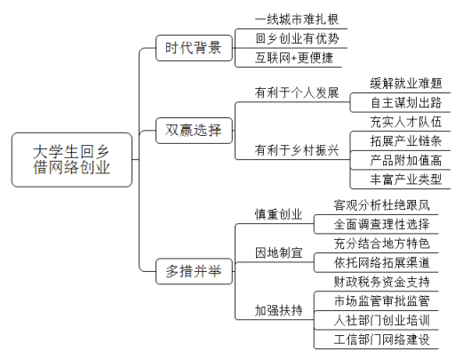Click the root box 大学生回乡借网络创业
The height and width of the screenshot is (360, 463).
tap(72, 160)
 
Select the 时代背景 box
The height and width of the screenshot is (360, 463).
tap(194, 48)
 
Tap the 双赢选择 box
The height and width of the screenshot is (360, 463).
tap(194, 131)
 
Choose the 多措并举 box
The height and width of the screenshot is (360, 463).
tap(194, 271)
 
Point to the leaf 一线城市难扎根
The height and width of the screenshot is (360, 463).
tap(297, 20)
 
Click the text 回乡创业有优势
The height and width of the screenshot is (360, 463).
tap(297, 39)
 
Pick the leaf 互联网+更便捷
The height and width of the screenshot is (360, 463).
tap(294, 58)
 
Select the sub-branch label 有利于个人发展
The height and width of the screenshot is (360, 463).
tap(297, 92)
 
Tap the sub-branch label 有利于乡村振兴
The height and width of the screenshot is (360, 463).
tap(297, 150)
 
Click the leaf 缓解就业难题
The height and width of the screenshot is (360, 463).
tap(406, 84)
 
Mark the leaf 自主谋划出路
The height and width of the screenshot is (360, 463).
tap(406, 102)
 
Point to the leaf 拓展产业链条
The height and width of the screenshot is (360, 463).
tap(406, 141)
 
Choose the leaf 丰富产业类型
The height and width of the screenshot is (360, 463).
tap(406, 180)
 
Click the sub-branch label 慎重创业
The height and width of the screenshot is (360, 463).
tap(278, 214)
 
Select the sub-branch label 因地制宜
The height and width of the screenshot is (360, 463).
tap(278, 252)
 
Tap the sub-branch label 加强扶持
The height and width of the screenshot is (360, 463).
tap(278, 310)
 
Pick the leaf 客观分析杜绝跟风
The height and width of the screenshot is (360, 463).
tap(381, 205)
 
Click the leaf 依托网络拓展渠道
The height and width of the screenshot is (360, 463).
tap(381, 262)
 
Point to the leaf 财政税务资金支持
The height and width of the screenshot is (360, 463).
tap(381, 282)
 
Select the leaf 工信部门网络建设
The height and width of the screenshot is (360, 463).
tap(381, 340)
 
